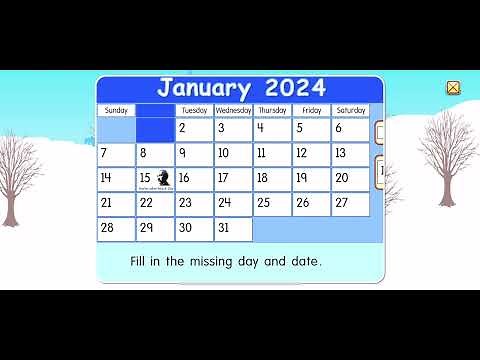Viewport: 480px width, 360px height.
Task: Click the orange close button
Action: click(x=453, y=88)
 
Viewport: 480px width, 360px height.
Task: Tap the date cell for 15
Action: click(x=155, y=179)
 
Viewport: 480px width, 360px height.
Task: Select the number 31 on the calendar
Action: click(x=233, y=228)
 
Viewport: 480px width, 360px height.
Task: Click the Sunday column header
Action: click(x=116, y=110)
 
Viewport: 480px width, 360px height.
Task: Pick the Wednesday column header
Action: click(x=233, y=110)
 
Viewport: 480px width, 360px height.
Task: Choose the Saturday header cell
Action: click(x=350, y=110)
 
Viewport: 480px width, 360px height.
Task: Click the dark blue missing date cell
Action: click(x=155, y=130)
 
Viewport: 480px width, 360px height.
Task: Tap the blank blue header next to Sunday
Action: click(x=155, y=110)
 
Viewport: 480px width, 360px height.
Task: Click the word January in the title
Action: click(x=204, y=88)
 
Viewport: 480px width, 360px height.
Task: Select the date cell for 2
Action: click(x=194, y=130)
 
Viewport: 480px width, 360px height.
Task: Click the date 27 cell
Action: click(x=350, y=203)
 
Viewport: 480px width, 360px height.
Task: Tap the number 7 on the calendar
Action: click(x=116, y=154)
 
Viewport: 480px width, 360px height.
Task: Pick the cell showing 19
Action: click(x=311, y=179)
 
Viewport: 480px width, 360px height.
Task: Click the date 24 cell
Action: click(x=233, y=203)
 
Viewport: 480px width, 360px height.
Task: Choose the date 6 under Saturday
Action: click(x=350, y=130)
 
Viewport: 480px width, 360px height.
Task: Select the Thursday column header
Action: click(x=272, y=110)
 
